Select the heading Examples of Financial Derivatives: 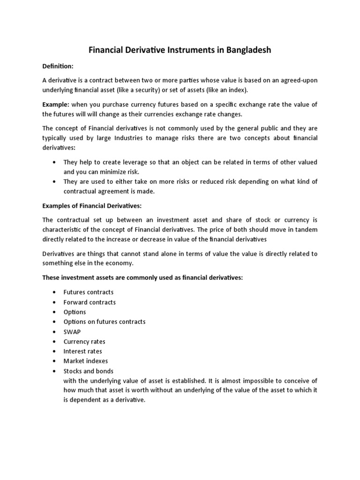[x=91, y=205]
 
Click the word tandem [x=306, y=229]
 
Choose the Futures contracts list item [x=89, y=292]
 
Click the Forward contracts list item [x=90, y=302]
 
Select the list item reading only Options [x=75, y=312]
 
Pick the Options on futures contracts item [x=105, y=322]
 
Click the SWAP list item [x=72, y=331]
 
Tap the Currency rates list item [x=84, y=342]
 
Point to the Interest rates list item [x=82, y=351]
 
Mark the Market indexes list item [x=85, y=361]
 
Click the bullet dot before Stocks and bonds [x=55, y=371]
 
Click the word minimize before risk [x=108, y=172]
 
